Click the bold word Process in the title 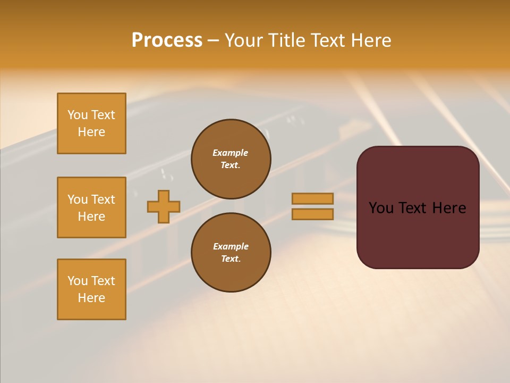(167, 40)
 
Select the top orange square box (91, 123)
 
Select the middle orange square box (91, 207)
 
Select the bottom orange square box (91, 289)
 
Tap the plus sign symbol (164, 206)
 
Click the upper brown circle (231, 159)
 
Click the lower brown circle (231, 253)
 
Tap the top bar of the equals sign (312, 198)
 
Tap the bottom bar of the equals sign (312, 214)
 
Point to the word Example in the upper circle (230, 153)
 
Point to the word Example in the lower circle (230, 246)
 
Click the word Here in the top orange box (91, 132)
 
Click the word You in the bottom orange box (77, 281)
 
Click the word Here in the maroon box (449, 208)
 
